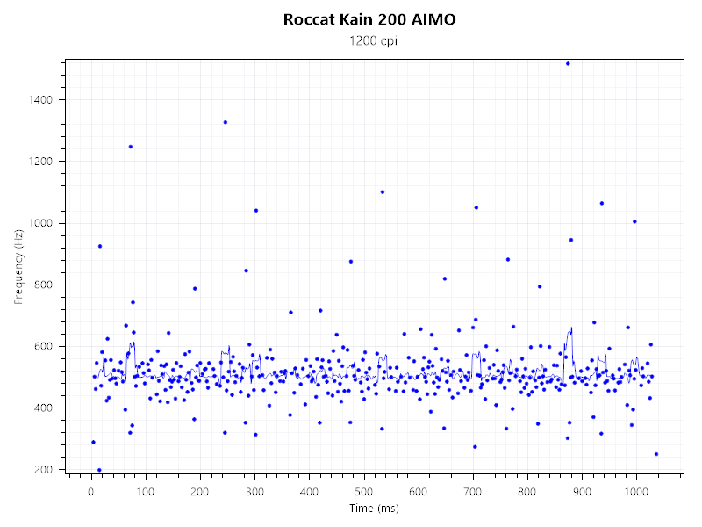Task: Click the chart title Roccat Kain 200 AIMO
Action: [369, 19]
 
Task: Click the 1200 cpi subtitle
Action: [369, 40]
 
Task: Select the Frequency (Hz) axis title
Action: [18, 266]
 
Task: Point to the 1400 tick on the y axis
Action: [41, 100]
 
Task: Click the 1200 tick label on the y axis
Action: [41, 162]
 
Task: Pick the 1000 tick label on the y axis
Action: [41, 223]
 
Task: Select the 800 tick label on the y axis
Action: [45, 285]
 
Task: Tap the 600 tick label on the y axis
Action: [45, 346]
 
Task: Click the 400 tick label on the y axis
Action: [45, 408]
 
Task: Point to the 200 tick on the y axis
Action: [45, 469]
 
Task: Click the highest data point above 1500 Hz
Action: [568, 63]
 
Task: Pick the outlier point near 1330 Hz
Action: [226, 122]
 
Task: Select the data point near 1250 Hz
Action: [131, 147]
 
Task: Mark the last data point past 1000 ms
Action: [656, 454]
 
